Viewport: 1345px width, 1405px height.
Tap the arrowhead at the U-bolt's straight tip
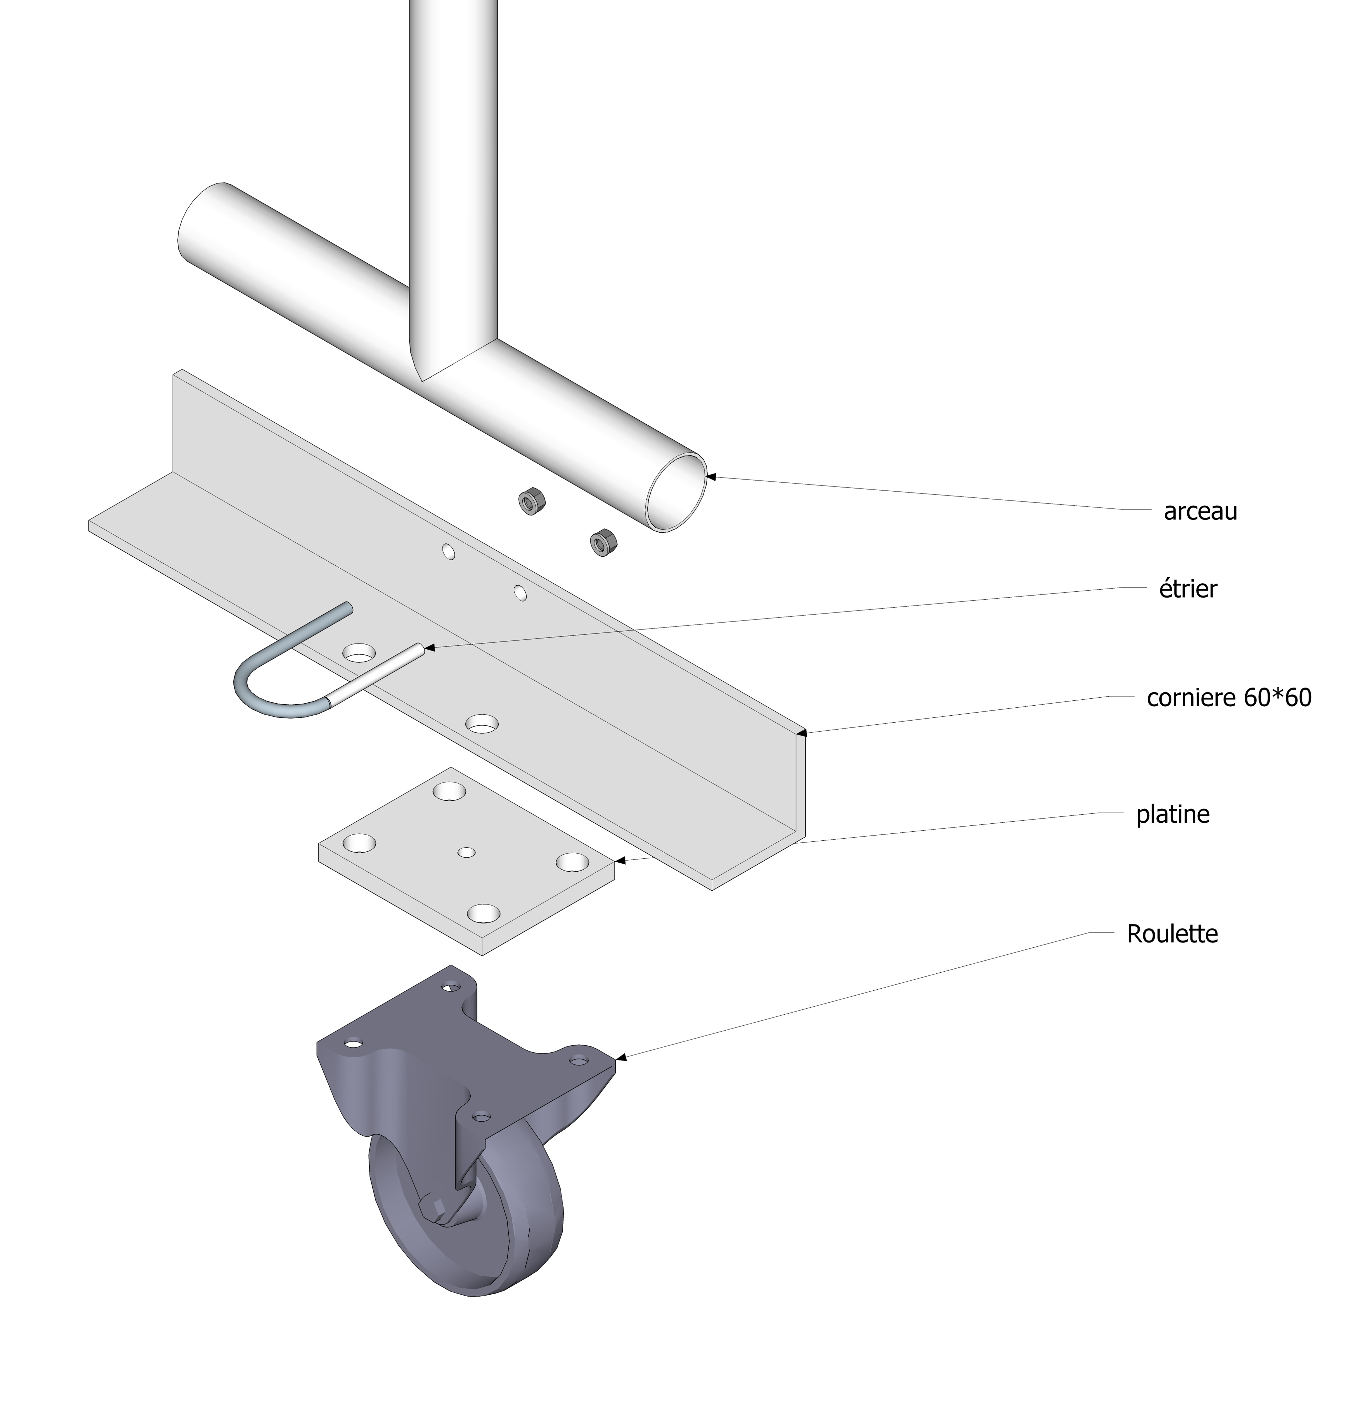point(430,648)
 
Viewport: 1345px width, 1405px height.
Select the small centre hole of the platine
point(467,852)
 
